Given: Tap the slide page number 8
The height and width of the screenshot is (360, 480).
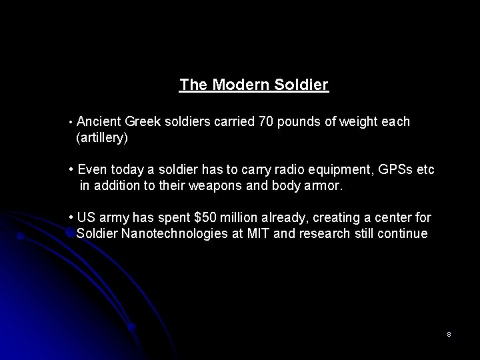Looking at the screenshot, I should pyautogui.click(x=449, y=334).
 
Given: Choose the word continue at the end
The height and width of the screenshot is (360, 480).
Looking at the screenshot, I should pyautogui.click(x=405, y=234).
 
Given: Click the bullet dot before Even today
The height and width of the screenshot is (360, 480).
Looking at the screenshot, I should pyautogui.click(x=71, y=169).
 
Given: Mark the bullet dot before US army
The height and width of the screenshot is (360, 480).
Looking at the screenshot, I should pyautogui.click(x=71, y=217).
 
